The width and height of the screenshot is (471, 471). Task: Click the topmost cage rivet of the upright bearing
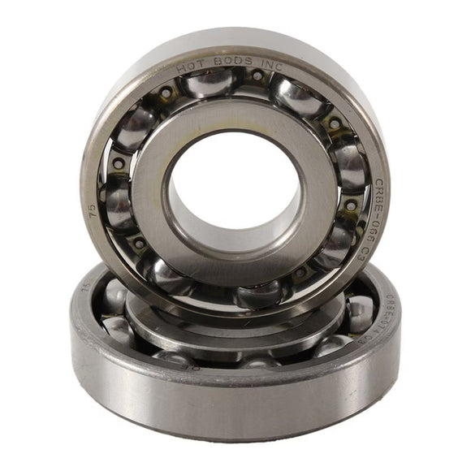pos(257,76)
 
